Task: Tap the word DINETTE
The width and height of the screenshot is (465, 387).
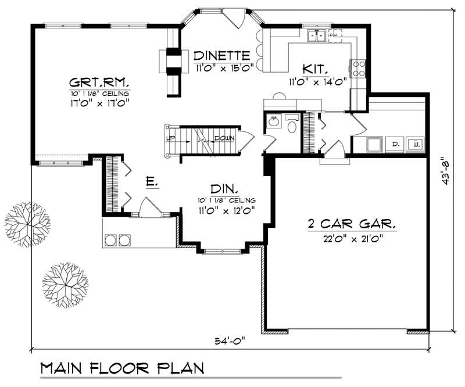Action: point(222,56)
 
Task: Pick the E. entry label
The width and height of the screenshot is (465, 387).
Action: point(152,182)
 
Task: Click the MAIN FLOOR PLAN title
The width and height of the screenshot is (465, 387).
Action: point(122,368)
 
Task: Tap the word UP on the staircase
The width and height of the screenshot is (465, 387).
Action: point(171,138)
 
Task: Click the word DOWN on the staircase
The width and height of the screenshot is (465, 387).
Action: point(224,138)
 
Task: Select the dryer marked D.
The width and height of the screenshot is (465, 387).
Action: point(395,143)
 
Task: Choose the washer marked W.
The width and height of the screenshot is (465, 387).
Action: point(415,143)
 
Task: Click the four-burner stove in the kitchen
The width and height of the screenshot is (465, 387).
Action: point(358,69)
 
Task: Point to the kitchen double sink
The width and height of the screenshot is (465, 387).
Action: point(317,36)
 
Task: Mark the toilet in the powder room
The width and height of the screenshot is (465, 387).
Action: point(292,124)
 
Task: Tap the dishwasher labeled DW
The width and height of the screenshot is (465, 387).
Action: point(333,35)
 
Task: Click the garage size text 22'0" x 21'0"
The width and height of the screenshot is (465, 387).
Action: point(352,238)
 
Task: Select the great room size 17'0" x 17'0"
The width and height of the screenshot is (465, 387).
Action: point(99,102)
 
